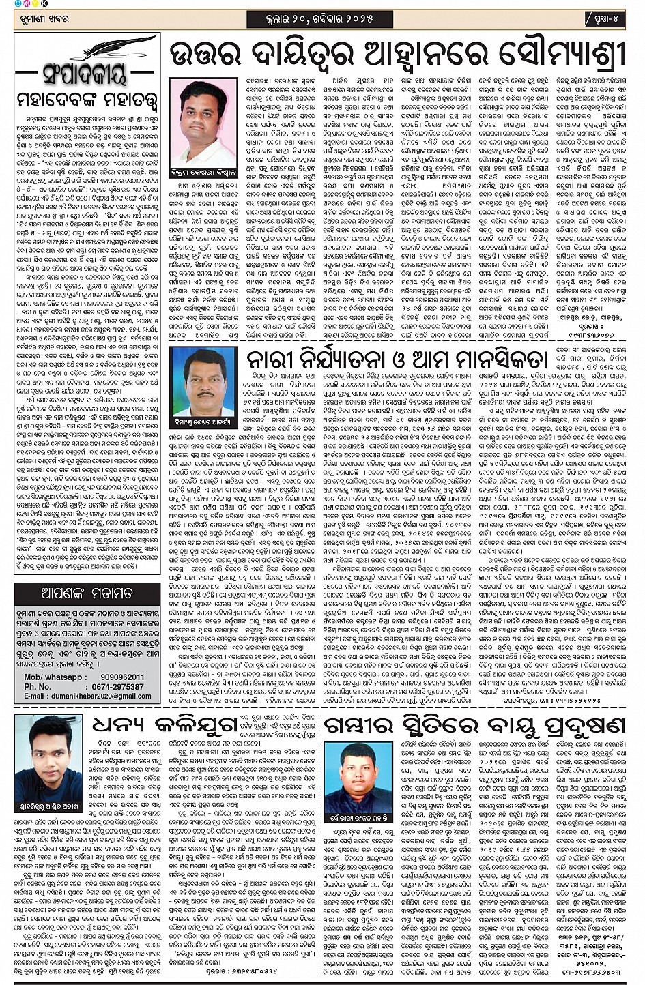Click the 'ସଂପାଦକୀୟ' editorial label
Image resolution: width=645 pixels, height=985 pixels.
click(x=87, y=74)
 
